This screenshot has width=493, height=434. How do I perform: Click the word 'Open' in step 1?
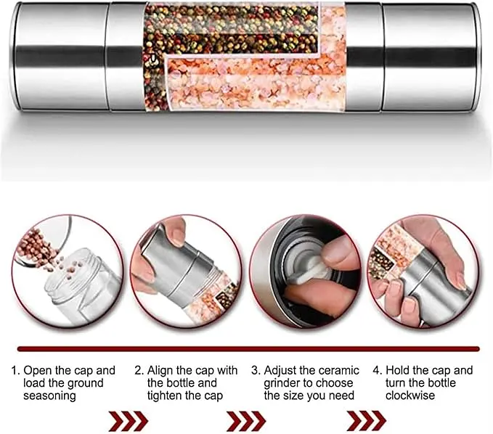point(38,371)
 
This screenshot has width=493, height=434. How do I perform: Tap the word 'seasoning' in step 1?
point(49,396)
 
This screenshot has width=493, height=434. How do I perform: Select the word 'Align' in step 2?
point(160,371)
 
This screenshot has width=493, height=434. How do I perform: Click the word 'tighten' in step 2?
point(166,396)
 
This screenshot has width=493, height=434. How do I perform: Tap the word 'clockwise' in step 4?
point(410,396)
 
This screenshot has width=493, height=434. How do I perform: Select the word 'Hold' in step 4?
point(398,371)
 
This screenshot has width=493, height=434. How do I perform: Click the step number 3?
point(255,371)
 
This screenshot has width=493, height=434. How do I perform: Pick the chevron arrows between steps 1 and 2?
point(129,420)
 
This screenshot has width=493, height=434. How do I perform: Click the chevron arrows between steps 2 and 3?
point(247,420)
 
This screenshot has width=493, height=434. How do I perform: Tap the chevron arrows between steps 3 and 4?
point(367,420)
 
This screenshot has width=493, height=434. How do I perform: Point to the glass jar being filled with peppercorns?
point(82,285)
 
